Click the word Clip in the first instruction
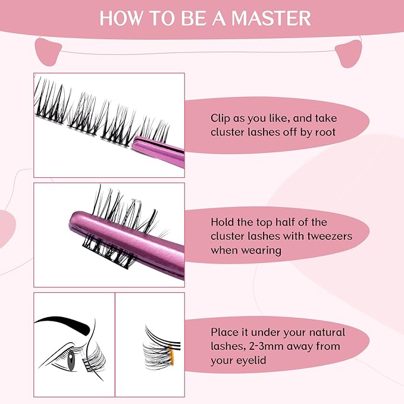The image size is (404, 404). pyautogui.click(x=221, y=118)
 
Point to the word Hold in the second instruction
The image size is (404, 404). pyautogui.click(x=223, y=222)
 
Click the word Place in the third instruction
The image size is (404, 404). pyautogui.click(x=224, y=332)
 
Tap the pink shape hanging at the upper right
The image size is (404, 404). pyautogui.click(x=350, y=54)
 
